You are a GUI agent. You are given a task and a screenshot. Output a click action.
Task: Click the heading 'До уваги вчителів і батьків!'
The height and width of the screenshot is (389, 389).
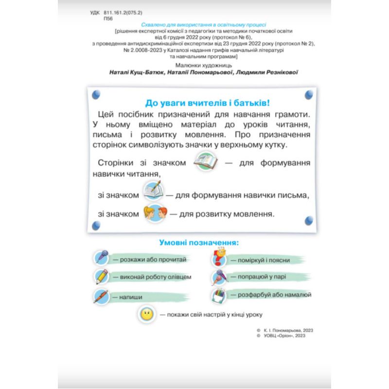[x=208, y=103]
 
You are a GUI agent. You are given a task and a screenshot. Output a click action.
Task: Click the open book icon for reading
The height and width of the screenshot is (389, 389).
[x=206, y=162]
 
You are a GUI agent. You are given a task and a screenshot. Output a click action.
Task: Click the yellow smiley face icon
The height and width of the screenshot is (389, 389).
[x=146, y=314]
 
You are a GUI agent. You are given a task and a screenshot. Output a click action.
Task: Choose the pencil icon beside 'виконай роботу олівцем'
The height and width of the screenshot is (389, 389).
[x=102, y=276]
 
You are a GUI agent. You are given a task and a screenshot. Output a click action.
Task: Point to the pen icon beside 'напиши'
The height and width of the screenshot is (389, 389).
[x=102, y=296]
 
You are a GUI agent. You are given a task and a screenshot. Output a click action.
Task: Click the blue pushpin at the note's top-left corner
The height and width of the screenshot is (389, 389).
[x=96, y=94]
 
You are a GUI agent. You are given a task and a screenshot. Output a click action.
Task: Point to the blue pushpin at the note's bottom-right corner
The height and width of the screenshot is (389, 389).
[x=308, y=221]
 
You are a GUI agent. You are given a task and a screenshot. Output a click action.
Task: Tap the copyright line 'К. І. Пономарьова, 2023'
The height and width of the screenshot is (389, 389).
[x=287, y=330]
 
